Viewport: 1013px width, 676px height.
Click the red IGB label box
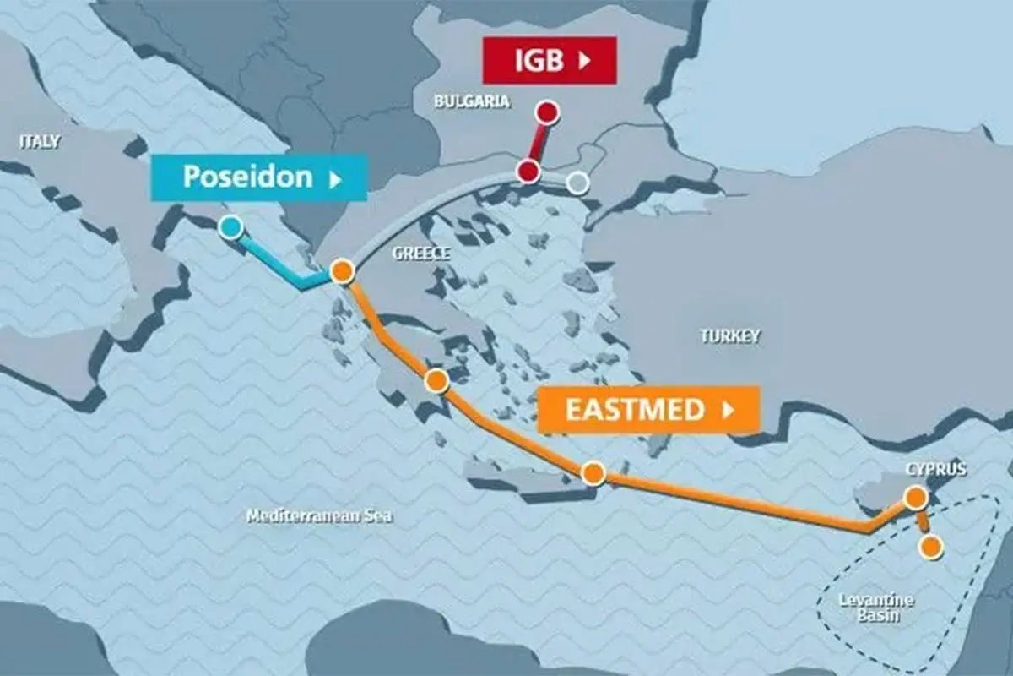[x=550, y=60]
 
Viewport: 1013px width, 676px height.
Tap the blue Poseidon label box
[x=259, y=177]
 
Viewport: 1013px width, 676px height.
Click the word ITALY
[x=40, y=141]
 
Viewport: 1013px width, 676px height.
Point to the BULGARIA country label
[x=472, y=101]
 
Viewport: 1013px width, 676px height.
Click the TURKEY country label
[x=729, y=335]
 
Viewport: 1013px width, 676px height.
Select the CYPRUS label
[x=935, y=470]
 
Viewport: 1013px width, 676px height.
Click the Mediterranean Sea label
[x=319, y=515]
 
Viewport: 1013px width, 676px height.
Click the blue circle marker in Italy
[x=230, y=226]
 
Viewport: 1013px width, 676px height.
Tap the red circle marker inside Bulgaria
[x=548, y=112]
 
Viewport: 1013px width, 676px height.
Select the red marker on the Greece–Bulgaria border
[x=528, y=172]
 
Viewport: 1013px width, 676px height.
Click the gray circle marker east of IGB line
[x=577, y=183]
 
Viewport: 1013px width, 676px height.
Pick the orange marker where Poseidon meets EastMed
[x=341, y=271]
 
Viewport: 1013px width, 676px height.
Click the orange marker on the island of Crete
[x=593, y=473]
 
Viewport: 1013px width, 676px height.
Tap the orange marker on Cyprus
[x=915, y=498]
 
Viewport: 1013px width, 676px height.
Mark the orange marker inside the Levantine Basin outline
[x=930, y=547]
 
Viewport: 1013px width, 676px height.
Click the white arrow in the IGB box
[x=584, y=60]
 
